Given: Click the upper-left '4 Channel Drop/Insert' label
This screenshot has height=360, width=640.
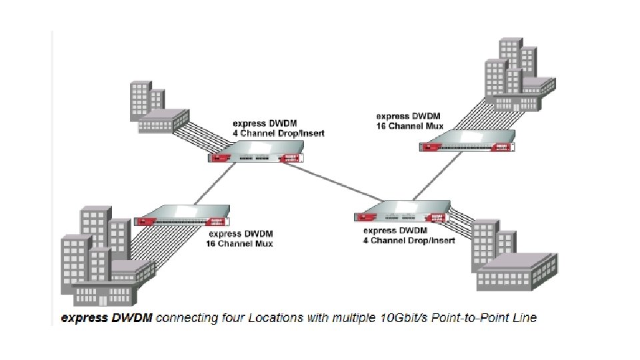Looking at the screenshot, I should [x=278, y=133].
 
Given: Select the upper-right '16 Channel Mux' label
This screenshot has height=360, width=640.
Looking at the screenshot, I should [x=409, y=125].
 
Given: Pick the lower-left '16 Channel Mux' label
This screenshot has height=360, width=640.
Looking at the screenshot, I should [x=240, y=243].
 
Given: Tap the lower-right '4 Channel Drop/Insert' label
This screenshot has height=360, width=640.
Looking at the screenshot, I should [x=409, y=240].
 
